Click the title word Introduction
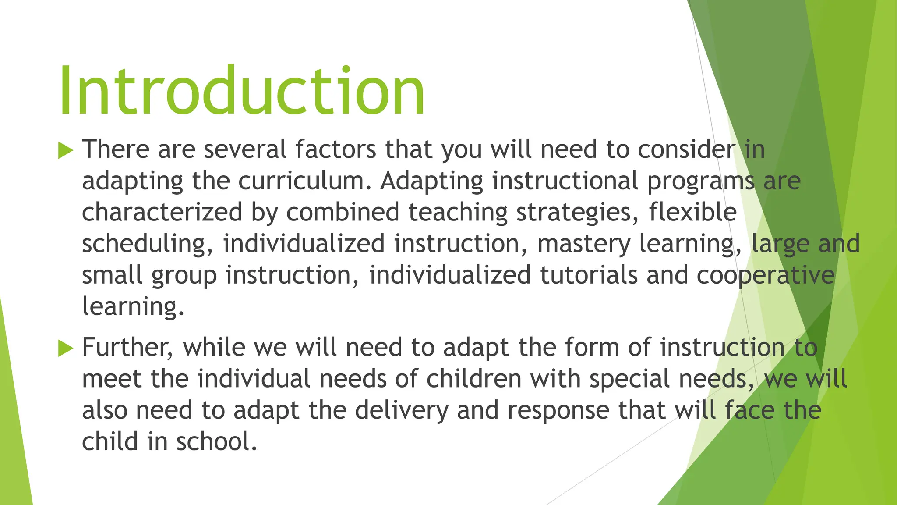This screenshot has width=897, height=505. pos(242,91)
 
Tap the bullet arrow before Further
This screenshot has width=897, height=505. pos(66,349)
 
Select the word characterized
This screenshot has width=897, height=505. pos(162,212)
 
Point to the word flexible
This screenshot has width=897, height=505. pos(692,212)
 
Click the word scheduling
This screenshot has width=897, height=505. pos(144,244)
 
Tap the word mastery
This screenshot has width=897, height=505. pos(583,244)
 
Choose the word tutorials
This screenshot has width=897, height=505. pos(588,275)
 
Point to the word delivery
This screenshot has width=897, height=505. pos(402,410)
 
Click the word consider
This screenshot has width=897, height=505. pos(686,149)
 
